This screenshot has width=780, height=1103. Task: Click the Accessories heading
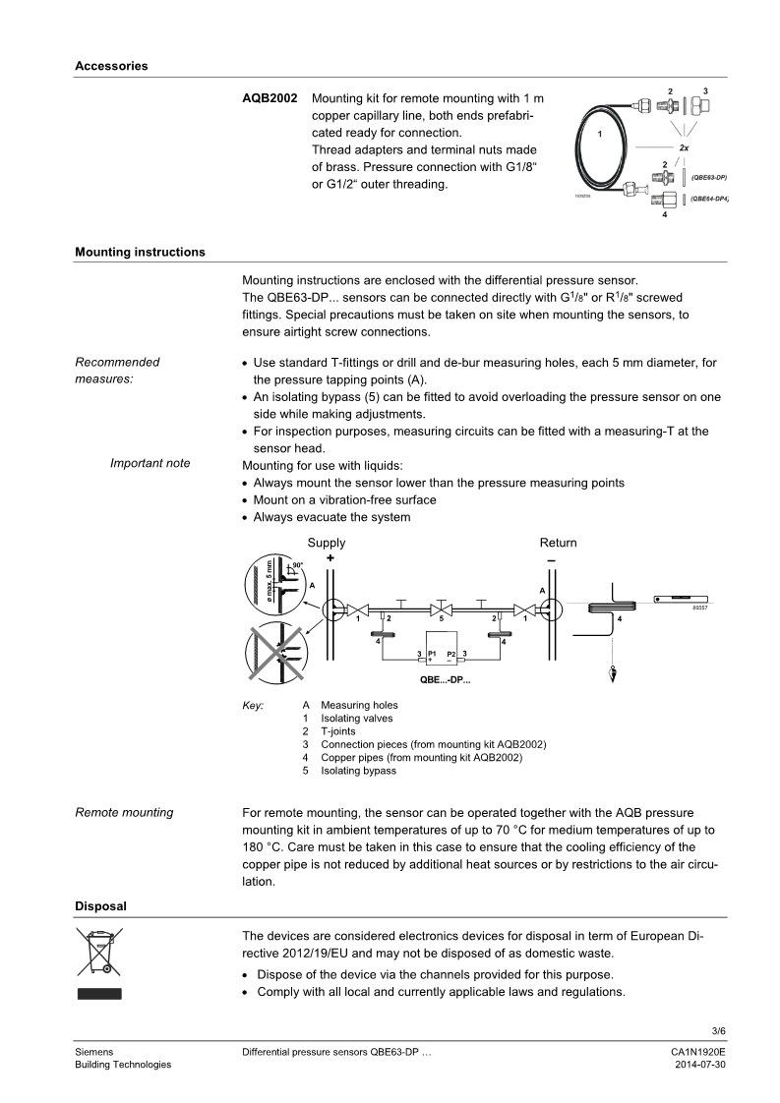point(111,66)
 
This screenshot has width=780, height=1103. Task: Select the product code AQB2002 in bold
point(270,99)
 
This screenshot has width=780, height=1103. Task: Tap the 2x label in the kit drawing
point(684,146)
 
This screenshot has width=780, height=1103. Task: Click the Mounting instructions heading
point(140,252)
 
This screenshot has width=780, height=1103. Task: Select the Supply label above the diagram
point(327,543)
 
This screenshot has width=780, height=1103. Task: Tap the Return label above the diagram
point(558,543)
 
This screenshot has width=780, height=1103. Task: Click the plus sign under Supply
point(330,558)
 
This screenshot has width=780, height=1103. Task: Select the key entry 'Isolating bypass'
point(358,771)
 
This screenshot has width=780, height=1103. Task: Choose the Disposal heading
point(100,905)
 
